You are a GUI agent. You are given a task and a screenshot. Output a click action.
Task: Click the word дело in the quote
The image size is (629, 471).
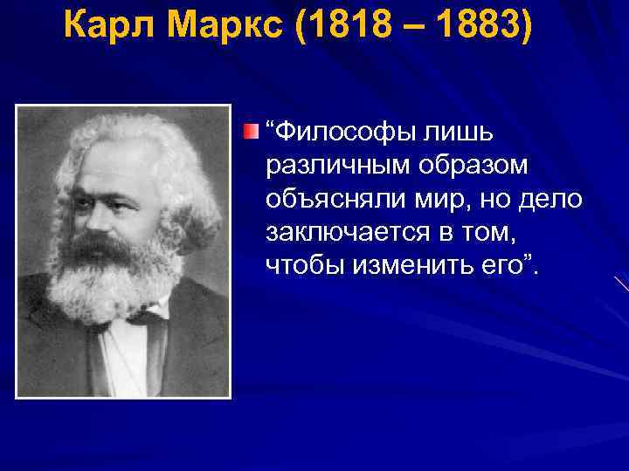click(553, 199)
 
